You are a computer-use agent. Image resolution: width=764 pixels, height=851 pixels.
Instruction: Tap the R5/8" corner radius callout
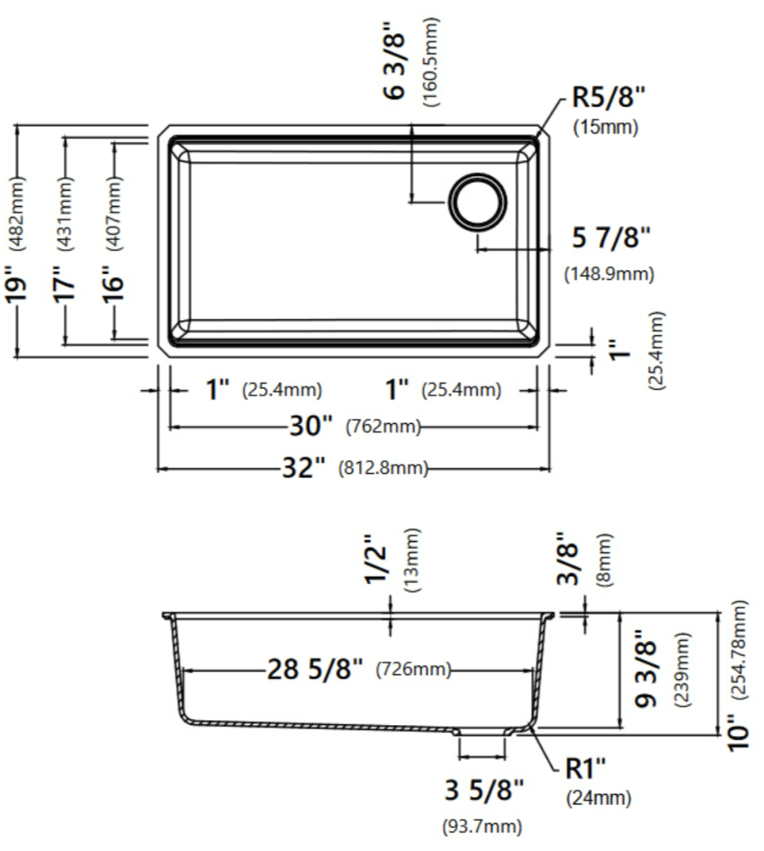click(x=609, y=98)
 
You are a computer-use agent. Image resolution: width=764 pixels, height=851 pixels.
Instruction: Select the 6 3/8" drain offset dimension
click(x=395, y=60)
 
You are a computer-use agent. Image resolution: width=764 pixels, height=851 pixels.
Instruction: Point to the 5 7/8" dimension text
click(x=611, y=237)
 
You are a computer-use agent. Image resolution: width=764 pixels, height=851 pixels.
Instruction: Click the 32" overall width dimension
click(x=304, y=467)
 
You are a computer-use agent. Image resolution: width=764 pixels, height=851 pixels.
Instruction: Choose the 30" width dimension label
click(x=311, y=425)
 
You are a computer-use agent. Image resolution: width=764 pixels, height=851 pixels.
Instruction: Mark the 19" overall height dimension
click(x=17, y=283)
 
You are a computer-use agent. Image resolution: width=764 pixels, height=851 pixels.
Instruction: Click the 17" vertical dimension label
click(x=66, y=283)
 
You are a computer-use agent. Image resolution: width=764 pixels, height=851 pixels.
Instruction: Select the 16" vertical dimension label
click(x=115, y=283)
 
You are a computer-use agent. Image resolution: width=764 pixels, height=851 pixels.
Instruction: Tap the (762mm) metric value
click(x=383, y=426)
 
